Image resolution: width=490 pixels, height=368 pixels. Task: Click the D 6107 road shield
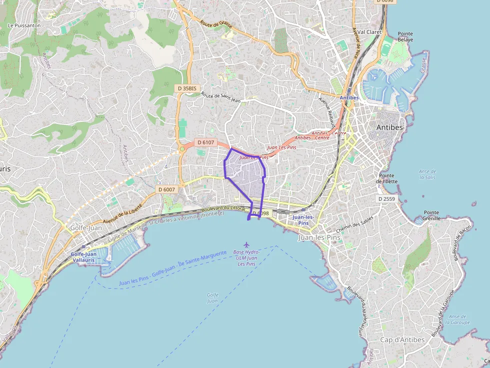click(x=205, y=142)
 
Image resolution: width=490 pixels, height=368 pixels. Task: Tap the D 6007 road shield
click(x=166, y=189)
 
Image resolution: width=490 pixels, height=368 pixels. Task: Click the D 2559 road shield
click(x=386, y=199)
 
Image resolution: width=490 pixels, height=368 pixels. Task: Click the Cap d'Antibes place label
click(x=402, y=340)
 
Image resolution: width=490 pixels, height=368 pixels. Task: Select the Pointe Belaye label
click(x=405, y=36)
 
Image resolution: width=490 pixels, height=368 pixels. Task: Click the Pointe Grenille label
click(x=431, y=215)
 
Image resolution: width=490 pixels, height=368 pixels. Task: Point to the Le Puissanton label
click(x=24, y=25)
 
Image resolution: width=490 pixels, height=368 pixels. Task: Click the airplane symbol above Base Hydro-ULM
click(x=246, y=244)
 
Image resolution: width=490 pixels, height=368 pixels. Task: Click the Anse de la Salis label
click(x=427, y=174)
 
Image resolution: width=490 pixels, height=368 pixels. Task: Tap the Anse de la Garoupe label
click(x=458, y=319)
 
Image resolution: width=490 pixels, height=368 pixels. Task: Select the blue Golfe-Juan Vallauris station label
click(x=83, y=257)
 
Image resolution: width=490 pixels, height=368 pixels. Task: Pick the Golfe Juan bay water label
click(x=212, y=298)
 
